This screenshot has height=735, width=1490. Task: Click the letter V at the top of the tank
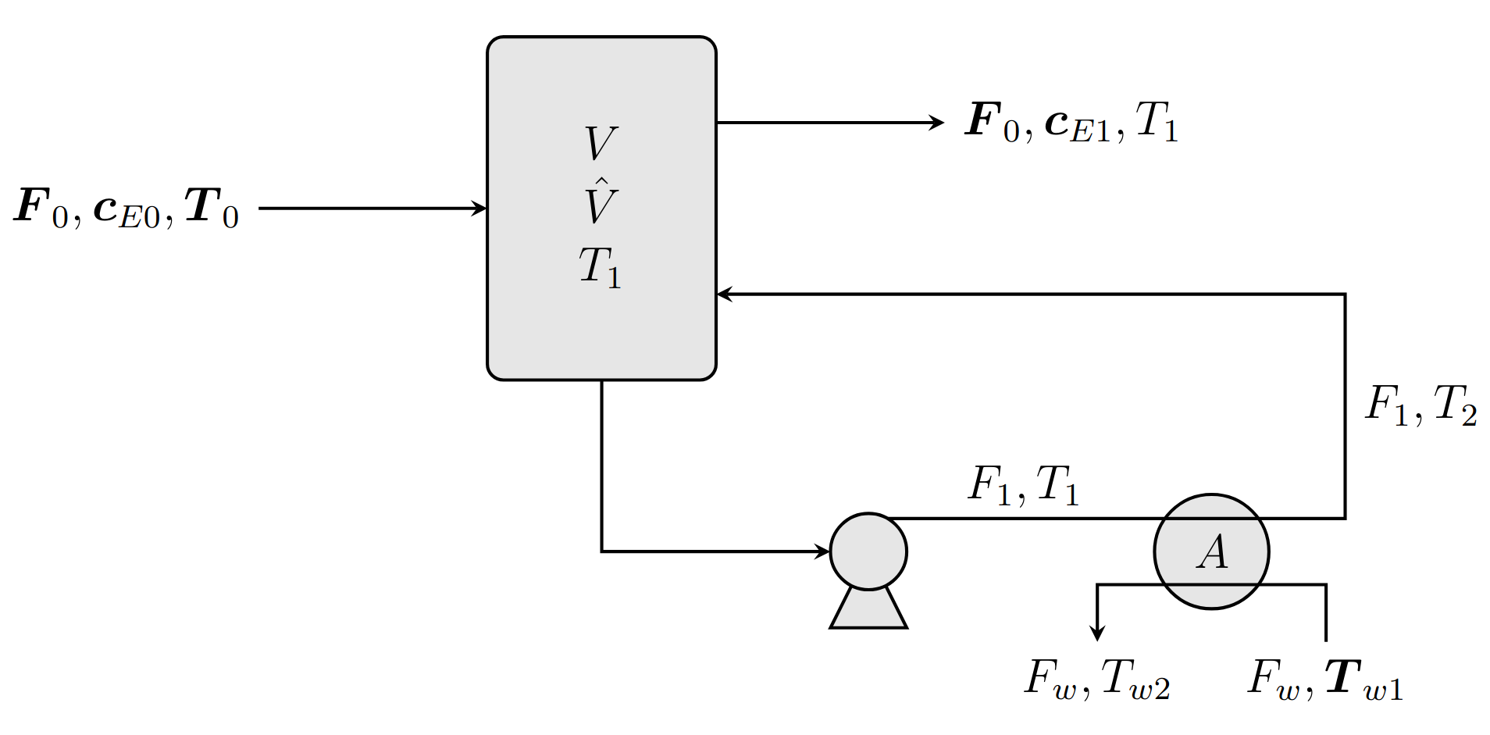[601, 144]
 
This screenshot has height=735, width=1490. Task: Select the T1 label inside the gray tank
[600, 268]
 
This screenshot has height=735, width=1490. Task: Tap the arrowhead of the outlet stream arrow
[936, 123]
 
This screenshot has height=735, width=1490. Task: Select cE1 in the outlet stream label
[1078, 125]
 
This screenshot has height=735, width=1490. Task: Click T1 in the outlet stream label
[1157, 123]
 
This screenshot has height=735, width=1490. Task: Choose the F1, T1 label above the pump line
[1023, 485]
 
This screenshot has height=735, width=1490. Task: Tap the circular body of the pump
[868, 551]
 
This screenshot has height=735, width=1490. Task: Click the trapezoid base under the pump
[868, 610]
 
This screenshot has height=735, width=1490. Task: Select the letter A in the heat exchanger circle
[1212, 552]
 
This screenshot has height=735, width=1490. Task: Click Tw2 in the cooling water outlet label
[1135, 679]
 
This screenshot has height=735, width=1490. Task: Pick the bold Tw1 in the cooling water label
[1363, 679]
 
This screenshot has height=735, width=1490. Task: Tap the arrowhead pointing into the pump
[822, 551]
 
